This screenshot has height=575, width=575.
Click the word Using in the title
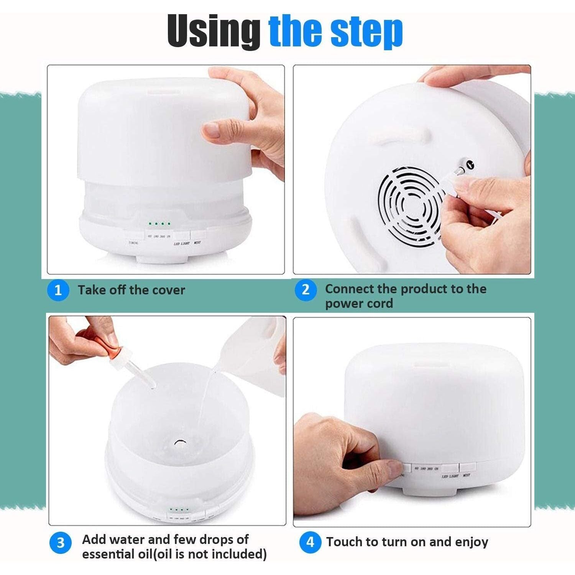[x=213, y=31]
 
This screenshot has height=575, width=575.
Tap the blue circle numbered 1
[x=58, y=290]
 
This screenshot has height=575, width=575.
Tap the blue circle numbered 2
[x=305, y=290]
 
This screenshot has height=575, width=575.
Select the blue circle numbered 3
[x=61, y=543]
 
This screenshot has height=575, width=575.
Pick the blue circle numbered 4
[x=310, y=542]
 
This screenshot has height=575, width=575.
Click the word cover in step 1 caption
[x=168, y=290]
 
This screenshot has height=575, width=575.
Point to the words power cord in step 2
[x=359, y=304]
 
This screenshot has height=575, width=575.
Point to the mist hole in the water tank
[x=179, y=443]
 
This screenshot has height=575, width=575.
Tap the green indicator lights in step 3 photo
[x=179, y=510]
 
